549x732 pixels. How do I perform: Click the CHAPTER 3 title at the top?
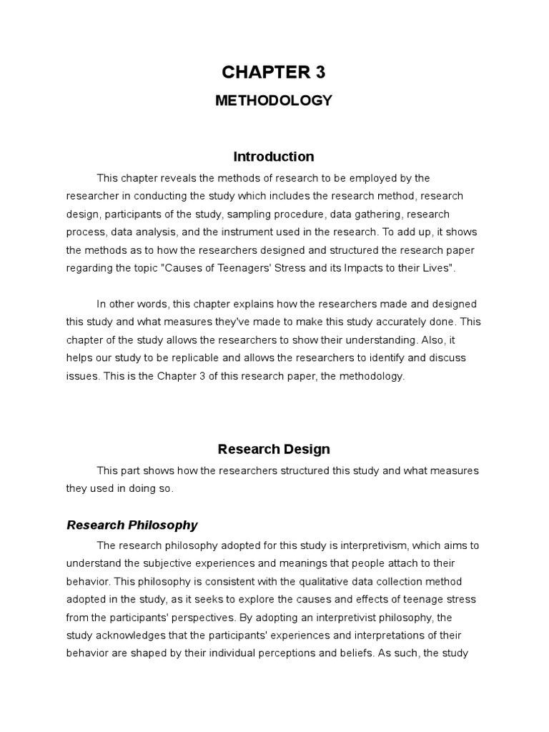274,71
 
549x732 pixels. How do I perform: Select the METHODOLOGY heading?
274,101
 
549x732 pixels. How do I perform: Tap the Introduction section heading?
274,157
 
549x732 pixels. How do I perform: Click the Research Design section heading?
274,450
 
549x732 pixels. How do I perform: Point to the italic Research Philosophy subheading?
132,525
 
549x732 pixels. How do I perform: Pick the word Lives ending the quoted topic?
435,267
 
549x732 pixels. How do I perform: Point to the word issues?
81,376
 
